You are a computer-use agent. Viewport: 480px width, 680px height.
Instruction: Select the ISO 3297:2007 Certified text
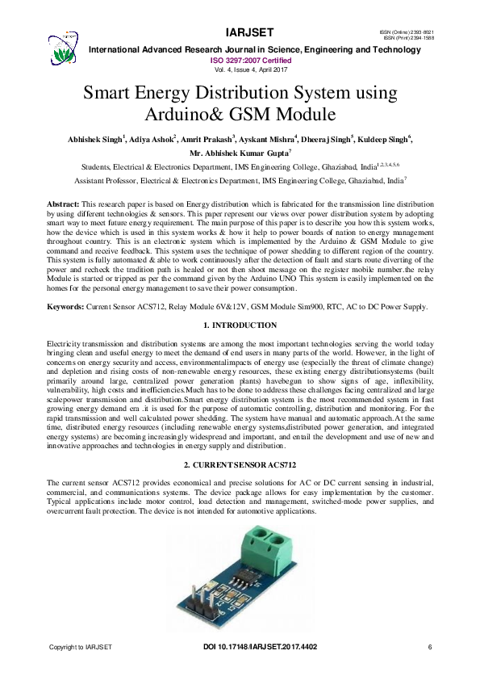[x=251, y=61]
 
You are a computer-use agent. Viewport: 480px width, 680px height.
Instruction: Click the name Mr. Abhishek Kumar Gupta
[x=239, y=153]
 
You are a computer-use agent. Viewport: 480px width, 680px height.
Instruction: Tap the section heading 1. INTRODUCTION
[x=239, y=325]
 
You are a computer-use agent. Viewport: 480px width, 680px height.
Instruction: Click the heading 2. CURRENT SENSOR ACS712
[x=240, y=466]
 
